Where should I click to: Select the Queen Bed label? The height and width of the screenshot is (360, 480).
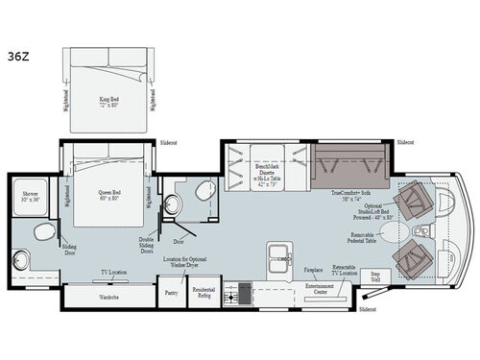point(108,192)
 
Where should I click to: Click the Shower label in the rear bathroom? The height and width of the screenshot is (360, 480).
point(31,196)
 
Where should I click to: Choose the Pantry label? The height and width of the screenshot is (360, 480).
point(172,292)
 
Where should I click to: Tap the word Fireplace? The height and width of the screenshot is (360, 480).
point(313,270)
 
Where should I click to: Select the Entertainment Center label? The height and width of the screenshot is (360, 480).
point(320,285)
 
